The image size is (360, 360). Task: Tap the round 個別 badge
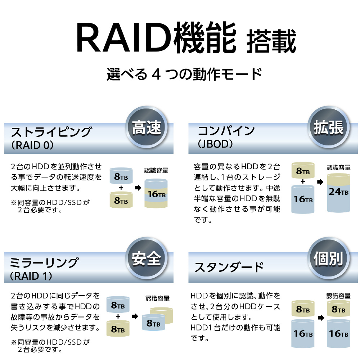328,258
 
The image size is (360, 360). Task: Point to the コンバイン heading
226,130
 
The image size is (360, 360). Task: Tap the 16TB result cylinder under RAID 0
156,194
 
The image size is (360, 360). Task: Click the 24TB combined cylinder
338,192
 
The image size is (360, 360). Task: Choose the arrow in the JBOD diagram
320,182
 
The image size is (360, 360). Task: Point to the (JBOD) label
216,144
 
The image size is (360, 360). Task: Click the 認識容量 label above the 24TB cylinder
338,167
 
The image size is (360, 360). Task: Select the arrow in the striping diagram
138,188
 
